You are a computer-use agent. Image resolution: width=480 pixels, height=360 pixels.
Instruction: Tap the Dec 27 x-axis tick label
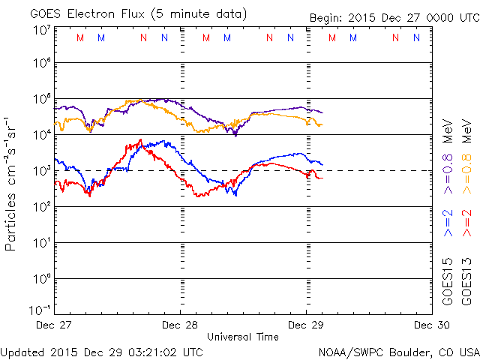point(55,325)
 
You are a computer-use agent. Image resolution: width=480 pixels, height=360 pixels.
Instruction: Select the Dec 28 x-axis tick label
point(180,325)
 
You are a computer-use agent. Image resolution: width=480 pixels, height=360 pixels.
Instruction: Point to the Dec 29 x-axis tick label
point(305,325)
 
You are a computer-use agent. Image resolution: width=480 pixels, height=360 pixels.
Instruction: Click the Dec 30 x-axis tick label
point(430,325)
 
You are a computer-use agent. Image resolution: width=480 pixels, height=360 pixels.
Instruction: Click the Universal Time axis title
point(243,337)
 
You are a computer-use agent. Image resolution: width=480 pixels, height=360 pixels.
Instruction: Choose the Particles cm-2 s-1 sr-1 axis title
point(13,183)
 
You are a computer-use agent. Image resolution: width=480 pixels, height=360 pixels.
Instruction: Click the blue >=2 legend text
point(448,223)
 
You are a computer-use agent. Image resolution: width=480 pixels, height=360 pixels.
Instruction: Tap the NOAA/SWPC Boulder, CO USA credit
point(398,351)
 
